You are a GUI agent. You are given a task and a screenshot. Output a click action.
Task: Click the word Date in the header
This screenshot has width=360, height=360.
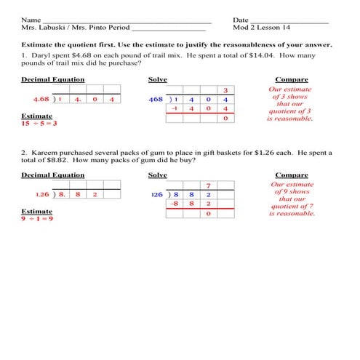tap(241, 20)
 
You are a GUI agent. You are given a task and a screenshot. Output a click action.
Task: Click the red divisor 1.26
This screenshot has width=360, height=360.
tap(44, 194)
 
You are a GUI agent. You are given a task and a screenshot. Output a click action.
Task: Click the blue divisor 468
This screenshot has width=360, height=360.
tap(156, 99)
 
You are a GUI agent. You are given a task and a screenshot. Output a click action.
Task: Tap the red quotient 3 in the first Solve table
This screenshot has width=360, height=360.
tap(225, 89)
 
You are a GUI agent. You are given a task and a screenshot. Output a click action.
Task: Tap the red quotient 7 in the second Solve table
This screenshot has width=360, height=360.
tap(209, 185)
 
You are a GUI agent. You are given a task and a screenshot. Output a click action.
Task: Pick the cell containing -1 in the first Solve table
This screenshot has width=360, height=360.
tap(175, 108)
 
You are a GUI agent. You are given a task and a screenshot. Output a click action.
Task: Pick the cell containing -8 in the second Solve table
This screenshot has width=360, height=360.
tap(175, 204)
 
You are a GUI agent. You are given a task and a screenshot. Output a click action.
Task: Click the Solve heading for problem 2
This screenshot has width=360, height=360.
tap(157, 175)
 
